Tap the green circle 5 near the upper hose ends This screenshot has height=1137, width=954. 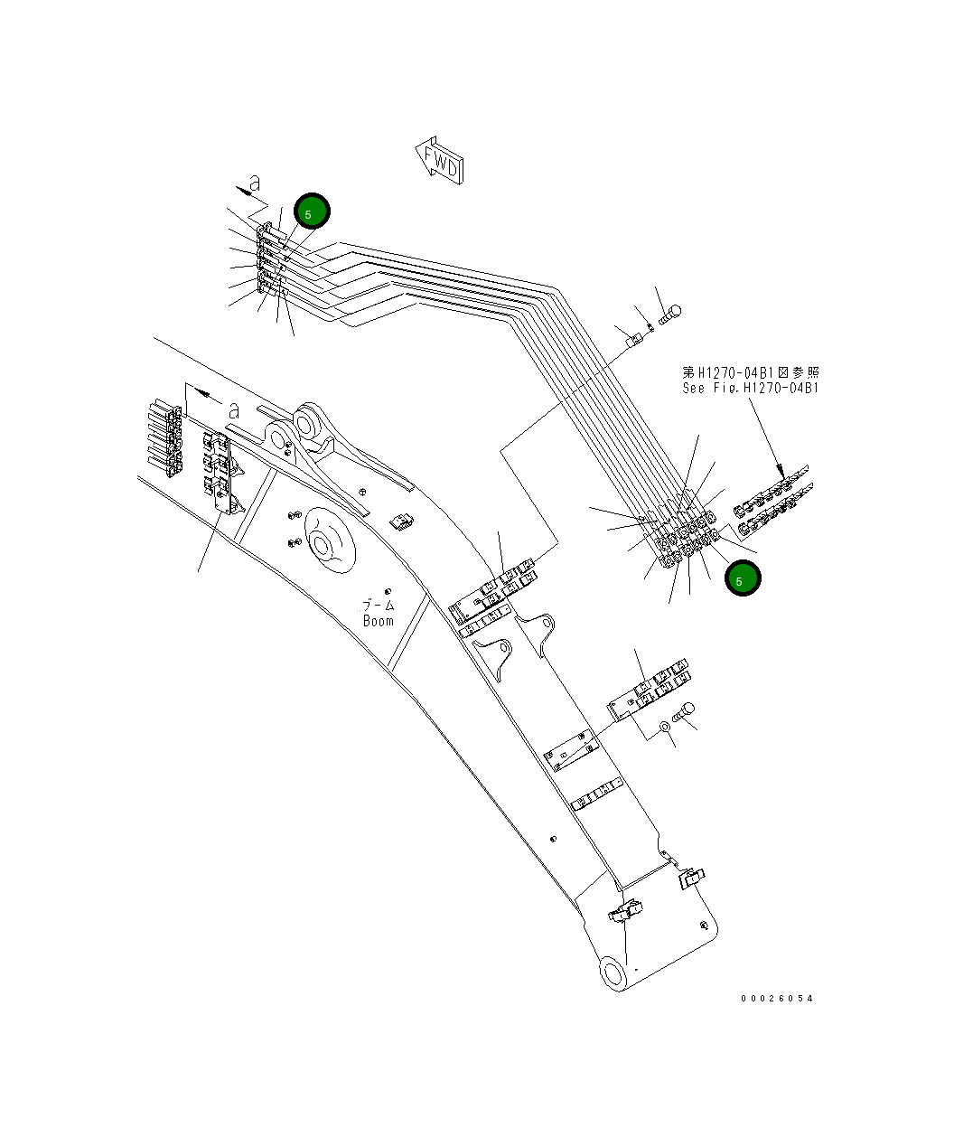[x=312, y=211]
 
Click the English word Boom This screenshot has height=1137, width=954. [x=379, y=621]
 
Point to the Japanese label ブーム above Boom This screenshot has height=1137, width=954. [x=379, y=605]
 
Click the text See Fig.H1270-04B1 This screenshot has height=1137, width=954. [x=750, y=388]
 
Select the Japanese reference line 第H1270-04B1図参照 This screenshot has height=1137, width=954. [x=750, y=371]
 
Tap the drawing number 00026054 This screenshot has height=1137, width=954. [x=776, y=998]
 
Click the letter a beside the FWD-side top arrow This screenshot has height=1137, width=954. [x=256, y=183]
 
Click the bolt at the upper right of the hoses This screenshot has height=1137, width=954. [x=670, y=315]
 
